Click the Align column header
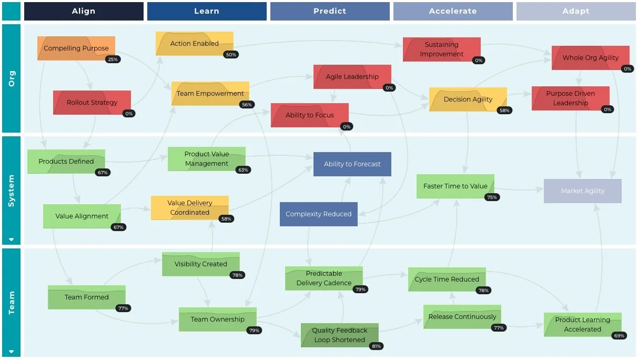tap(84, 11)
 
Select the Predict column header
tap(330, 11)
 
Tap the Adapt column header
tap(576, 11)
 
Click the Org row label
tap(12, 78)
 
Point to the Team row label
tap(12, 303)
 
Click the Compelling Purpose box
tap(76, 48)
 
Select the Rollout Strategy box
tap(92, 103)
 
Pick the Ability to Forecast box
tap(352, 164)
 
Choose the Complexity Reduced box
tap(318, 214)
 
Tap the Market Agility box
tap(582, 191)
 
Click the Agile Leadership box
tap(352, 77)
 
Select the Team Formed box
tap(87, 297)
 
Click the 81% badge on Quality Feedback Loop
tap(376, 346)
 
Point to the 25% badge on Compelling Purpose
tap(113, 59)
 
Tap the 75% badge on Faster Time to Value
tap(492, 197)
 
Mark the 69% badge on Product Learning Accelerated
tap(619, 336)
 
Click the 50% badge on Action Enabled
tap(230, 55)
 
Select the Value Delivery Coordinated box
tap(189, 208)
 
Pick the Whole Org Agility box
tap(590, 58)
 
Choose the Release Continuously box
tap(462, 317)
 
